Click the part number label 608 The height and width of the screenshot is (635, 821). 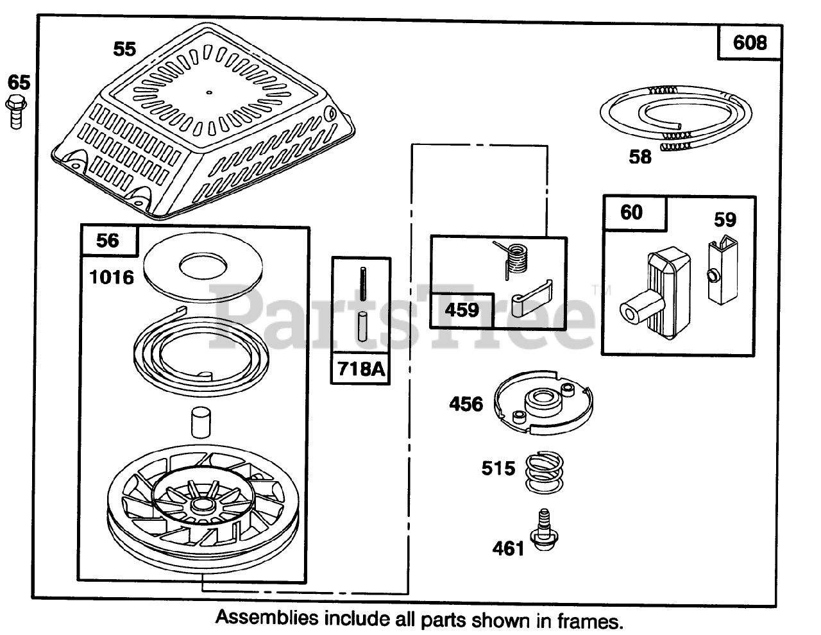click(749, 43)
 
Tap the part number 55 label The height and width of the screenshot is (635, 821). click(124, 49)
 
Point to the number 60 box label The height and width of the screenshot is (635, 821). click(632, 212)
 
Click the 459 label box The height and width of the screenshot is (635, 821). click(462, 310)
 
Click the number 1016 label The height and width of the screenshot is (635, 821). click(112, 277)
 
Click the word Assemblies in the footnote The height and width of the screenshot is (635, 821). click(267, 618)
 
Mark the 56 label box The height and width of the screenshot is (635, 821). click(108, 240)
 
